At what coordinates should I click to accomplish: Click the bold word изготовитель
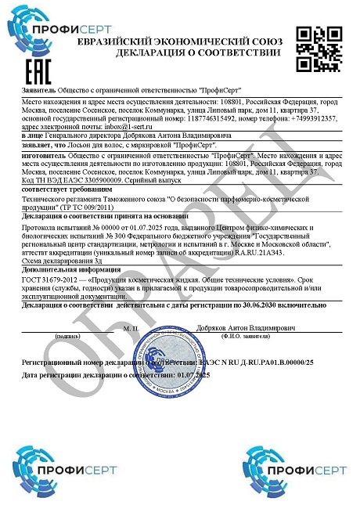point(44,157)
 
